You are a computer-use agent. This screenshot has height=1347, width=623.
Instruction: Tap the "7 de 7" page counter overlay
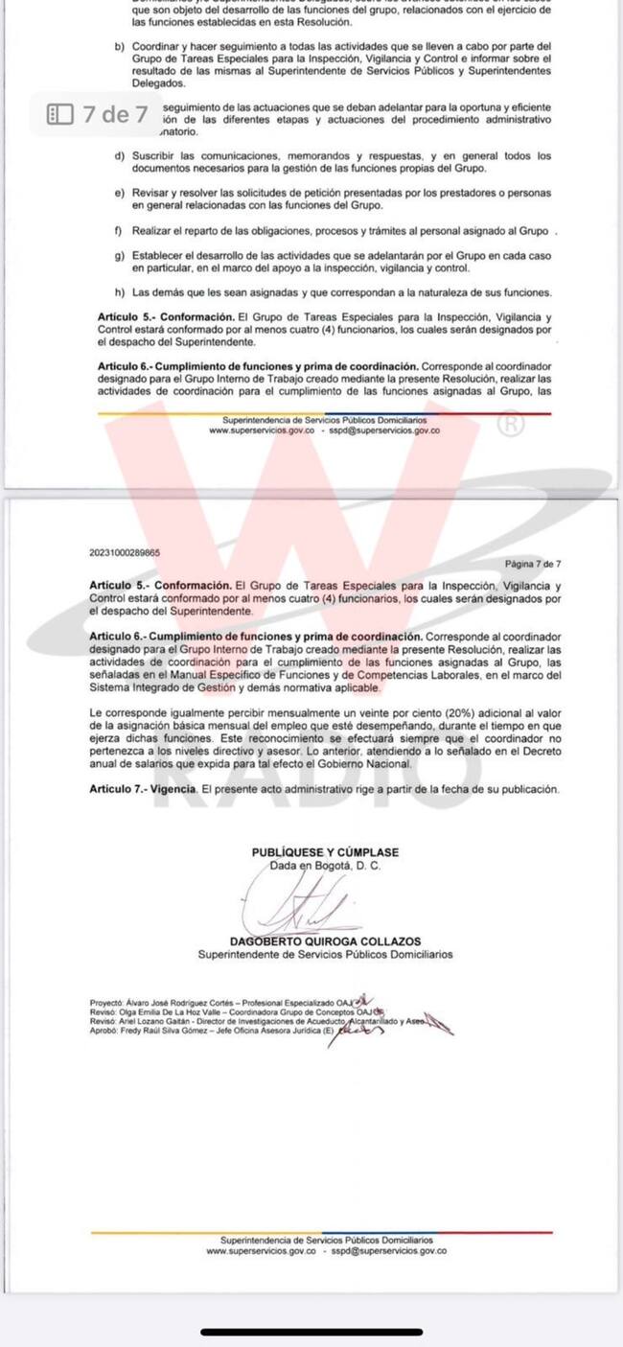click(115, 115)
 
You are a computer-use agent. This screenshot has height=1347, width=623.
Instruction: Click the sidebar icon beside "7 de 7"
click(60, 115)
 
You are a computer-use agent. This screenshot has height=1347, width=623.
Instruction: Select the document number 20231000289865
click(124, 553)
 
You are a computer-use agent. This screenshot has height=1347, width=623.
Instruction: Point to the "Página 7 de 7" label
click(532, 565)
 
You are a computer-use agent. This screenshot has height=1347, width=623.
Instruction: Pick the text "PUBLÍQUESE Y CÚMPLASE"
click(325, 852)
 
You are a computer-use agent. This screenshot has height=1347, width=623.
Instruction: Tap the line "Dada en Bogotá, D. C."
click(325, 865)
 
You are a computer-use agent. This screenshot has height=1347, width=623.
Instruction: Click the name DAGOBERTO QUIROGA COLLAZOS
click(325, 941)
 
